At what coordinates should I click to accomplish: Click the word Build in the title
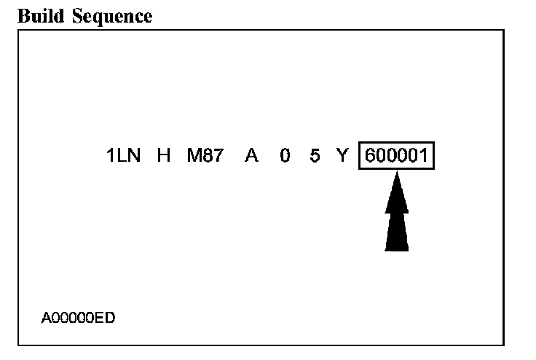point(41,17)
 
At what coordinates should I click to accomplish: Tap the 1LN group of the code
point(124,156)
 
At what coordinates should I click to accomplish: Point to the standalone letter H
point(163,156)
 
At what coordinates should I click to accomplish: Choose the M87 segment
point(205,156)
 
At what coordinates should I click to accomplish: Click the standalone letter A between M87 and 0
point(252,156)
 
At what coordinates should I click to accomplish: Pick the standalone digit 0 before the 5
point(285,156)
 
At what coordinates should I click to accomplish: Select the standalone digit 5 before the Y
point(315,156)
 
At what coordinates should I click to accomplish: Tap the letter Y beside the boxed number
point(343,156)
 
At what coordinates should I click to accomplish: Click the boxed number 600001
point(396,156)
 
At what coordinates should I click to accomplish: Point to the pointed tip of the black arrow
point(396,172)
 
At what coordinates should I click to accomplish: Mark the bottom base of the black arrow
point(396,250)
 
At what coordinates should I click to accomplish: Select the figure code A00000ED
point(78,318)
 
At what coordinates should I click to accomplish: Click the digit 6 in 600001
point(371,156)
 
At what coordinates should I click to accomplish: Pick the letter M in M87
point(194,156)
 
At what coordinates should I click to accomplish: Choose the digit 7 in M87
point(217,156)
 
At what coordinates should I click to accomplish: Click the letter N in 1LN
point(134,156)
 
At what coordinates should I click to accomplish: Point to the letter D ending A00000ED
point(111,318)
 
